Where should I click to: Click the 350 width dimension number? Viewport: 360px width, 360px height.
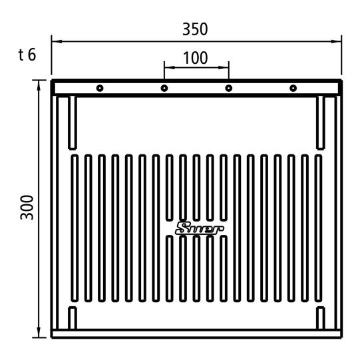(x=195, y=29)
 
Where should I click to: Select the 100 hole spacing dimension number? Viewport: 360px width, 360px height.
(x=196, y=58)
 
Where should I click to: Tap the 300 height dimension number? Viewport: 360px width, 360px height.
(x=27, y=208)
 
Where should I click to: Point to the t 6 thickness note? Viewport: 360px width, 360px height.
(x=27, y=55)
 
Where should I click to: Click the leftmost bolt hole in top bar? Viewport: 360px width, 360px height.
(x=100, y=88)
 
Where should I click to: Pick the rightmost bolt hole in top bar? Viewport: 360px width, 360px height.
(x=293, y=88)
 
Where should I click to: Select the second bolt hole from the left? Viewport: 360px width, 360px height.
(x=164, y=88)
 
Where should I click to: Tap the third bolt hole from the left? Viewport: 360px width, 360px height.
(x=229, y=88)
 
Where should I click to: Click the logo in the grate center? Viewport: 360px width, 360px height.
(x=200, y=228)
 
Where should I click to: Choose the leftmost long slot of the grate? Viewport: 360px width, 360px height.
(x=75, y=228)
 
